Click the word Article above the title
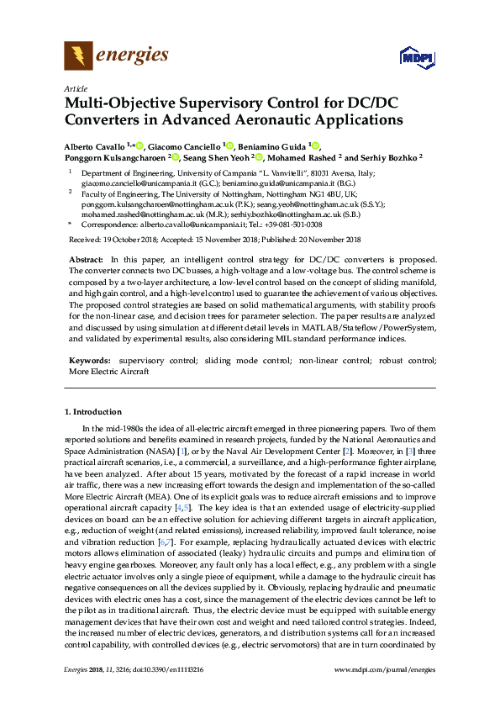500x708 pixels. pyautogui.click(x=75, y=87)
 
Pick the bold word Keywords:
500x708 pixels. pyautogui.click(x=90, y=360)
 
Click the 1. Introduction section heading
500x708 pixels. pyautogui.click(x=92, y=412)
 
